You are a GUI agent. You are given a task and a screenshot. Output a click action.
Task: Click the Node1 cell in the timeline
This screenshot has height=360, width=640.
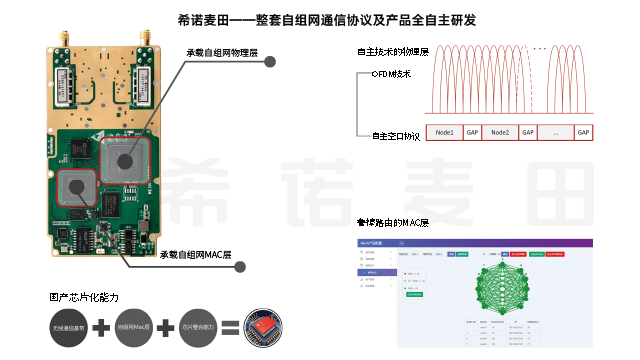tap(445, 132)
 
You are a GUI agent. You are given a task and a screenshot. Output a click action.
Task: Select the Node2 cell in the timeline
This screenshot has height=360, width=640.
tap(501, 132)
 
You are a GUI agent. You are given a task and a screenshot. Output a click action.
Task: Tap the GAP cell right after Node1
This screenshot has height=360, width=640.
tap(473, 132)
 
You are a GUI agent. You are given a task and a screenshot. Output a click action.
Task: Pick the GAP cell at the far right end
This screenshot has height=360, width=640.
tap(584, 132)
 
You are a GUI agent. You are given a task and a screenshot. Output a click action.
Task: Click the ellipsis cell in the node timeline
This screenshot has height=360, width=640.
tap(556, 132)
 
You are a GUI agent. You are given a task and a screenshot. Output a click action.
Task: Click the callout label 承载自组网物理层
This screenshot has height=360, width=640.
tap(223, 52)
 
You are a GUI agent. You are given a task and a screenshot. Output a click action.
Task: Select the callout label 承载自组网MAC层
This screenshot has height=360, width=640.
tap(196, 254)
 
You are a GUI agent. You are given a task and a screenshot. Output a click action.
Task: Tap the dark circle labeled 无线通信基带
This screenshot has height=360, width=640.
tap(61, 327)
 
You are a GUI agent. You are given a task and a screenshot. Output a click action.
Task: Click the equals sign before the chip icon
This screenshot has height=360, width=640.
tap(229, 327)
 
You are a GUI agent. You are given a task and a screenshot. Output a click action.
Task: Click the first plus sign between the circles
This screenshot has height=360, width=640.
tap(100, 327)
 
